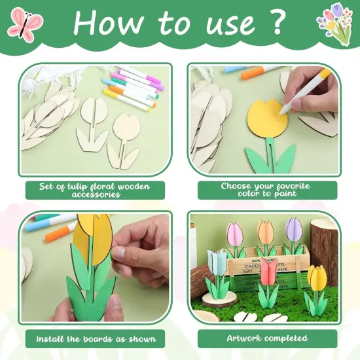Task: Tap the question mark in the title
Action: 275,22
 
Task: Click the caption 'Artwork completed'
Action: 267,338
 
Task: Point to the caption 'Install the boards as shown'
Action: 95,338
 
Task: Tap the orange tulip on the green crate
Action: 266,232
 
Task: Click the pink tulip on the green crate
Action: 235,233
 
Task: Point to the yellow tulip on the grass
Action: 317,278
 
